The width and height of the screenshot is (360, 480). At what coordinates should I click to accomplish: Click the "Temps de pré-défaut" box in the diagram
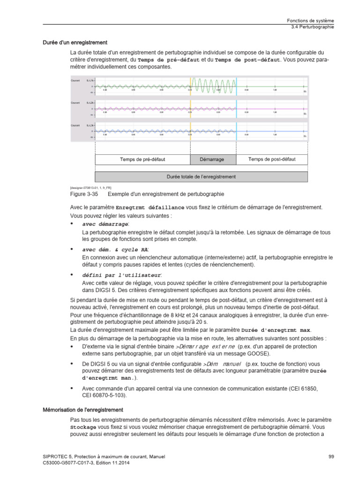tap(142, 159)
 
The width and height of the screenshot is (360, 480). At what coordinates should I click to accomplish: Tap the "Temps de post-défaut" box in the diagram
tap(272, 159)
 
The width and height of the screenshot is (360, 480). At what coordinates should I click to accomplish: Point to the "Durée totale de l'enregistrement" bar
tap(202, 177)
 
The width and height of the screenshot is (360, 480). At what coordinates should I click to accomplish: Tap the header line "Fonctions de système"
tap(310, 21)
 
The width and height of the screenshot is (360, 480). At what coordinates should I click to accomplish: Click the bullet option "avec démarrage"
tap(105, 224)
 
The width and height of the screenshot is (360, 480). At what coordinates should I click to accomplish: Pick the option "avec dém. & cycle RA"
tap(115, 250)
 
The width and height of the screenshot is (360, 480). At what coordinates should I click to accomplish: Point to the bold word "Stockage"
tap(83, 428)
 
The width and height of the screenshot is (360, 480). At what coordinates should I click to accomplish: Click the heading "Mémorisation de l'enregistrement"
tap(80, 410)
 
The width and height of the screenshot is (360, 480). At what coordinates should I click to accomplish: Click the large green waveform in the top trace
tap(213, 86)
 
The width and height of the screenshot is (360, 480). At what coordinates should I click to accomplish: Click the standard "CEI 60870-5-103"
tap(104, 395)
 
